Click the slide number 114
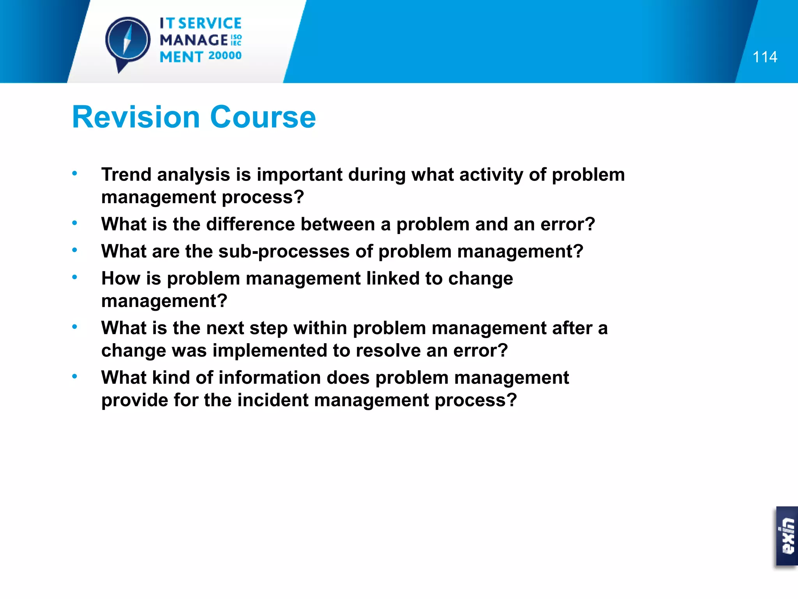(764, 57)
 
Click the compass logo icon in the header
(127, 41)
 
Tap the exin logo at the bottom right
(787, 536)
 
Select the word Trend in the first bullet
(126, 174)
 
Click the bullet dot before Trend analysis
(74, 173)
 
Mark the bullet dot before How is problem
(74, 277)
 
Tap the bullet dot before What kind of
(74, 376)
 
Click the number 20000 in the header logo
(225, 56)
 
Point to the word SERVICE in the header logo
(210, 23)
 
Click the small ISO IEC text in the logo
(236, 40)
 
